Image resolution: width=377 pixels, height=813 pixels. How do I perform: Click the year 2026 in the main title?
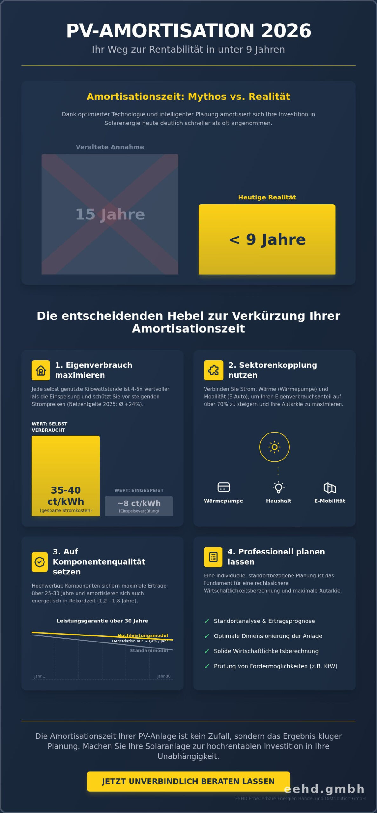[286, 31]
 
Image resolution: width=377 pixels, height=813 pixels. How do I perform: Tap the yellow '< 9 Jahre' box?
[267, 239]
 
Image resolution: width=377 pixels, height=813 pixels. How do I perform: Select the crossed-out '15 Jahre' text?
[110, 214]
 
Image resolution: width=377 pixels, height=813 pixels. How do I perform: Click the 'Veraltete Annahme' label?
[110, 147]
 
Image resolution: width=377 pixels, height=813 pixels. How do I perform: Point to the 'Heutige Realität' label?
[267, 197]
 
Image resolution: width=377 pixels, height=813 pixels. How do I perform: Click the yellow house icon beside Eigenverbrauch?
[41, 370]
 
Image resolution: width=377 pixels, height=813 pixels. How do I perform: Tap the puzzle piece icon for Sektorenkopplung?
[213, 370]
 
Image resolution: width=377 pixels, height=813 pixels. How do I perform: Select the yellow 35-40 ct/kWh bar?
[66, 475]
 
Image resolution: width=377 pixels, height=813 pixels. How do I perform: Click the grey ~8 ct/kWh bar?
[139, 506]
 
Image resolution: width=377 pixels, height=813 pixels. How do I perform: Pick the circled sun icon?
[274, 447]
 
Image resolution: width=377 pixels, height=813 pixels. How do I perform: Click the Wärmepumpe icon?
[223, 487]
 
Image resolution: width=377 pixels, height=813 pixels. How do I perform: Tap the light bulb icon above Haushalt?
[279, 487]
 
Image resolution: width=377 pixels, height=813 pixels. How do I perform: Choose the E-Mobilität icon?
[330, 487]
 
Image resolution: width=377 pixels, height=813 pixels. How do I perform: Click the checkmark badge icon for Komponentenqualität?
[40, 562]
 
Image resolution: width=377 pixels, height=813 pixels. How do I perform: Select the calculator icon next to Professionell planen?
[213, 557]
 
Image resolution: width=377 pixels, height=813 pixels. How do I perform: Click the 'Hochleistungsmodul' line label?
[143, 635]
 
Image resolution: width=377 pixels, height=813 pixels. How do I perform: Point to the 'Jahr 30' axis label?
[164, 676]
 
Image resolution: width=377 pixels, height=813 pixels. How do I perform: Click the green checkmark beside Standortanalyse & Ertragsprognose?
[207, 621]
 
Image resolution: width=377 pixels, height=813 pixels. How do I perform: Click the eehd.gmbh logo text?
[324, 789]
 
